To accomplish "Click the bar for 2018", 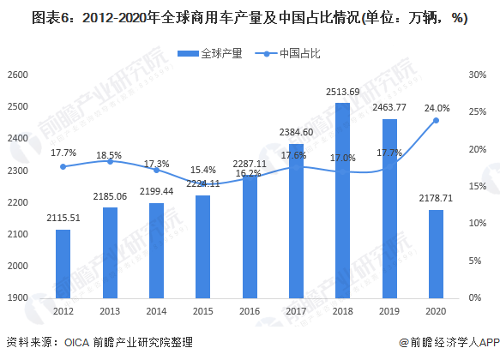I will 341,201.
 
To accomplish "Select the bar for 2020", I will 435,254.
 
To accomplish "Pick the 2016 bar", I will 249,237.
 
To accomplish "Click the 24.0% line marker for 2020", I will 436,121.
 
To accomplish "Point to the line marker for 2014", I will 156,170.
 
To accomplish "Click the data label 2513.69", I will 342,93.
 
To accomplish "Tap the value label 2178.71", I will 435,199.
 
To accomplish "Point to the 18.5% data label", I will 109,155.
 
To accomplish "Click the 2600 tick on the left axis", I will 18,75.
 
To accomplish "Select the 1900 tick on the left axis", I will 18,298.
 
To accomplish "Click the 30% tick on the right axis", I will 478,75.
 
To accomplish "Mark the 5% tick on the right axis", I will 476,261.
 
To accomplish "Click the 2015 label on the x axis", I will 202,312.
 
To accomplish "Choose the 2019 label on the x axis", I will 389,312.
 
